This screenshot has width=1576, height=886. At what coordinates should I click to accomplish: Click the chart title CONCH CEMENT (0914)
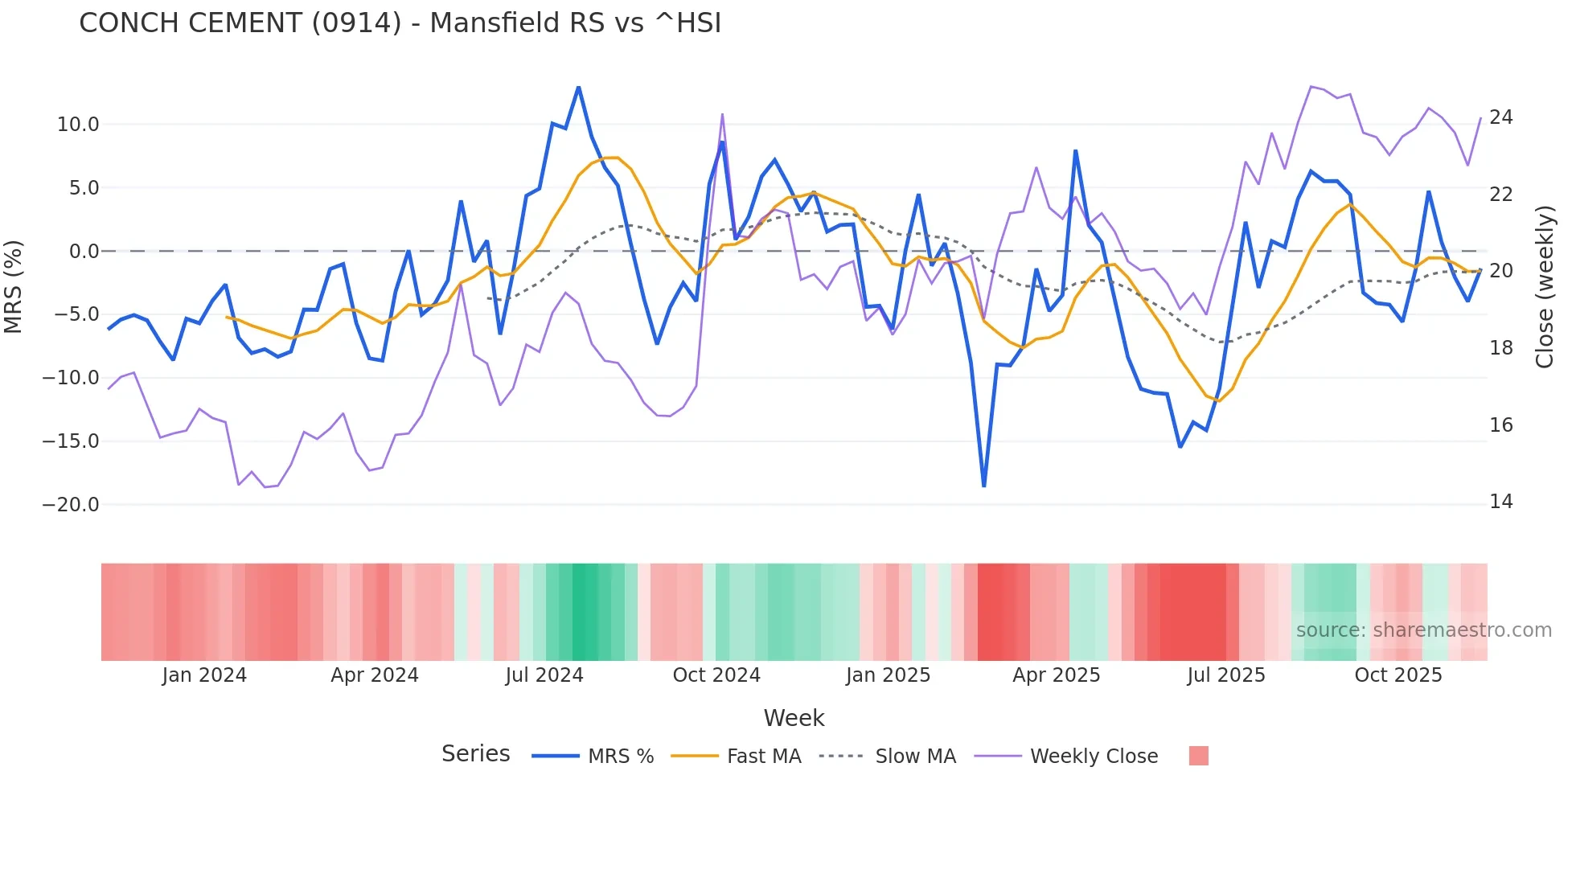pos(400,23)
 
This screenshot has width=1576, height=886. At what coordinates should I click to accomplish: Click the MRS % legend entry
pos(620,757)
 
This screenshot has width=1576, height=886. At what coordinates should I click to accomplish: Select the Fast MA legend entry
pos(763,757)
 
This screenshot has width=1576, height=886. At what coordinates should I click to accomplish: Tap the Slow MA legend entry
pos(915,757)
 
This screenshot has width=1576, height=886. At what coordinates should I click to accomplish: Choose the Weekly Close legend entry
pos(1094,757)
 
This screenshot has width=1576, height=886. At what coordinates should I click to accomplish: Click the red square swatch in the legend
pos(1198,756)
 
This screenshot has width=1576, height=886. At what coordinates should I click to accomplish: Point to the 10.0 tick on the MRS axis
pos(78,125)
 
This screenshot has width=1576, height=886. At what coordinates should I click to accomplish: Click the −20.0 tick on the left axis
pos(71,505)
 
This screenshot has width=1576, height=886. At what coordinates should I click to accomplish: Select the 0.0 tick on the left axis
pos(84,252)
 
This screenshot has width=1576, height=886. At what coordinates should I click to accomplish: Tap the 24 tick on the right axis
pos(1500,117)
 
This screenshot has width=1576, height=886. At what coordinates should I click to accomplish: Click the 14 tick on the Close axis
pos(1500,502)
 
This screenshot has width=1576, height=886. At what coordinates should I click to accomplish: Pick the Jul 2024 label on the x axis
pos(544,675)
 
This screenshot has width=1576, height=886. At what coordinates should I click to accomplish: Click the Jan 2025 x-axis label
pos(888,675)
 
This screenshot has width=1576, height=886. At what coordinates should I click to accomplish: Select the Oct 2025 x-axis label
pos(1398,675)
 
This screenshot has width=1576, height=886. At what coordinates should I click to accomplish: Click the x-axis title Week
pos(794,718)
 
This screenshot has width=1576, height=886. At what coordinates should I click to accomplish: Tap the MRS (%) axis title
pos(14,286)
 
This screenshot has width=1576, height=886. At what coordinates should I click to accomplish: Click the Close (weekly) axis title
pos(1545,287)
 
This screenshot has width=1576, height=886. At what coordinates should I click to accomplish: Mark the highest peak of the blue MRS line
pos(579,87)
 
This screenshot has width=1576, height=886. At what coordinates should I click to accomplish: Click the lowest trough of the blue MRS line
pos(984,486)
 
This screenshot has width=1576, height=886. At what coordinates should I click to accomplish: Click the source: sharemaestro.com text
pos(1423,630)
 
